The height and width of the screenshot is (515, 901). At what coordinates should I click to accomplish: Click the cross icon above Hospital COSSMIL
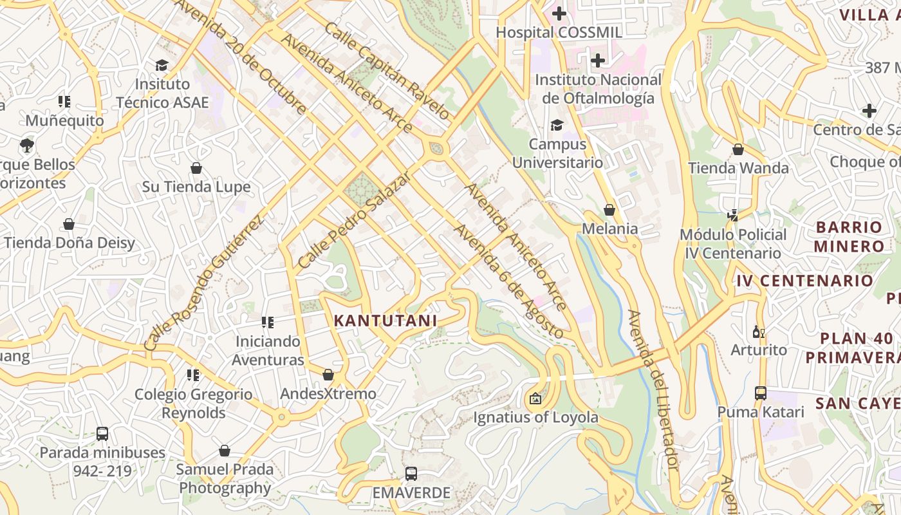[x=559, y=13]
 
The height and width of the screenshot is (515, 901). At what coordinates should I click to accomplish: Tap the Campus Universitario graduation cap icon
[x=557, y=125]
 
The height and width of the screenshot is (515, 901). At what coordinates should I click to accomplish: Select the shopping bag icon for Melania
[x=609, y=210]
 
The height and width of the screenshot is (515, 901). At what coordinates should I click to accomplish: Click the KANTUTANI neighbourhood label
[x=385, y=320]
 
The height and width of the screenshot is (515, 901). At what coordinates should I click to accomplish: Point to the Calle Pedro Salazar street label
[x=354, y=220]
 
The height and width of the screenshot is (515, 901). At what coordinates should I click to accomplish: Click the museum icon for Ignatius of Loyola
[x=535, y=398]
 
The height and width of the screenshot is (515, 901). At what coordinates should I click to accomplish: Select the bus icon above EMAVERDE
[x=411, y=474]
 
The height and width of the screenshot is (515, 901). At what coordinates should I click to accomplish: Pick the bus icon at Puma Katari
[x=760, y=393]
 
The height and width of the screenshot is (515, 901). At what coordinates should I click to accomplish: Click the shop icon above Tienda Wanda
[x=738, y=149]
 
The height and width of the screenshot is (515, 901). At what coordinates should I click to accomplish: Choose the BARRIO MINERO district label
[x=849, y=236]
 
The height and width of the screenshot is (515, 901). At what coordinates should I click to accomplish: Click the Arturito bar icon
[x=759, y=332]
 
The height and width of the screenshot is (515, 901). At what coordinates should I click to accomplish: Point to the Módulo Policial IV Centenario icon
[x=732, y=215]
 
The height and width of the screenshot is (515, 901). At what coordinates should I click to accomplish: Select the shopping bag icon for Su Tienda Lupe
[x=196, y=168]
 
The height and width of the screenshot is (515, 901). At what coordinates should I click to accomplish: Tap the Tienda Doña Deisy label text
[x=70, y=243]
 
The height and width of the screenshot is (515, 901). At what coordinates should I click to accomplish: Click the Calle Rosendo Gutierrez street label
[x=204, y=284]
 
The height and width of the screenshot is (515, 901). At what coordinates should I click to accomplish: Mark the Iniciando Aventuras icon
[x=268, y=322]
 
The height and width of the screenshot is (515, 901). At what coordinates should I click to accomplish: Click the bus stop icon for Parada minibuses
[x=102, y=433]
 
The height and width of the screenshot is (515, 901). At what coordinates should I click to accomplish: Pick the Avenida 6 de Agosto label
[x=508, y=281]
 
